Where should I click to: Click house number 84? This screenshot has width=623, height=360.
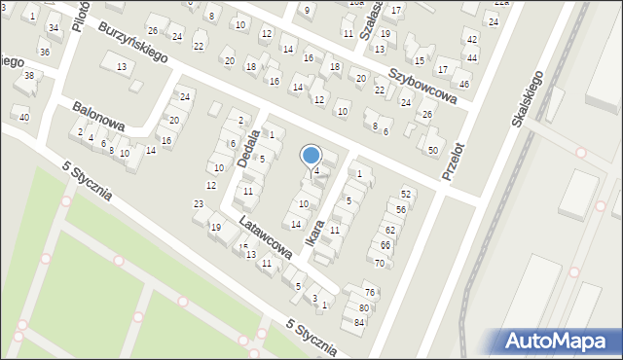click(360, 322)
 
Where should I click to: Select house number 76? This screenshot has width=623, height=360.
click(370, 293)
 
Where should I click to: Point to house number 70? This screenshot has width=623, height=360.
click(380, 264)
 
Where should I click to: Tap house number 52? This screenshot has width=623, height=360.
click(406, 195)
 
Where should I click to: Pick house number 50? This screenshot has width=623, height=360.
click(432, 150)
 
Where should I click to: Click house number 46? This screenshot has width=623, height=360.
click(464, 85)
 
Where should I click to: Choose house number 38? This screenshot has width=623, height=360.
click(29, 76)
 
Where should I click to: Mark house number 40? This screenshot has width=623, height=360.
click(24, 118)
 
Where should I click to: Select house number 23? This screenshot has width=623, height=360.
click(198, 203)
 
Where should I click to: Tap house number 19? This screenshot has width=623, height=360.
click(215, 227)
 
